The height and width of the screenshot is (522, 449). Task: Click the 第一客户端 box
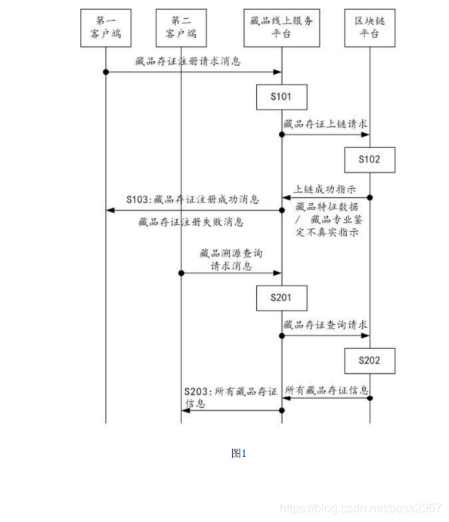click(105, 27)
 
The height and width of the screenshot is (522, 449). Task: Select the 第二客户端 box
click(181, 27)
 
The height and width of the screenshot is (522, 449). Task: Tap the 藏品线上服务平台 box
click(282, 27)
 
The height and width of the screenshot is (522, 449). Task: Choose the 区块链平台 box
click(370, 27)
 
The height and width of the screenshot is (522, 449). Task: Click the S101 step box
click(282, 97)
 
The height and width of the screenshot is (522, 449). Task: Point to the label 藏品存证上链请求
click(326, 124)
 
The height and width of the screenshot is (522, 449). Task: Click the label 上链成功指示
click(325, 188)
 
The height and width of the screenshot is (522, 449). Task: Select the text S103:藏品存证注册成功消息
click(193, 201)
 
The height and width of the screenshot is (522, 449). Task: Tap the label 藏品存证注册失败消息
click(191, 222)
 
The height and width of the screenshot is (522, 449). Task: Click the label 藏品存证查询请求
click(326, 326)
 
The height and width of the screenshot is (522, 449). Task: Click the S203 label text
click(231, 397)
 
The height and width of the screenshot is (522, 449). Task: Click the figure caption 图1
click(239, 453)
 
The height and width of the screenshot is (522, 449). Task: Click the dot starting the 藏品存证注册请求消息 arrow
click(105, 72)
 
